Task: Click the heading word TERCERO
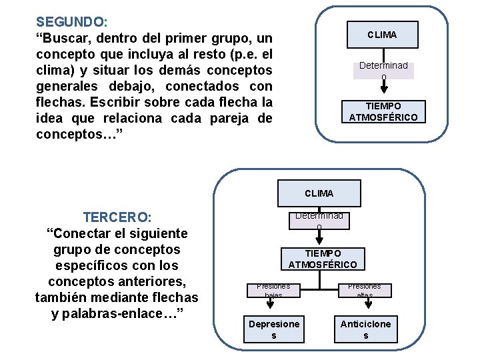116,217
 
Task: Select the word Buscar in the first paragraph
70,37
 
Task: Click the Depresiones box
274,329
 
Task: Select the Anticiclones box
365,329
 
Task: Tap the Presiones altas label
365,290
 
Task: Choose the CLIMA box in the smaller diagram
382,35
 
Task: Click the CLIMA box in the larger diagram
319,193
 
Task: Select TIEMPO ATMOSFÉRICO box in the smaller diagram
383,112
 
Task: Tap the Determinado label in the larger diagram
319,220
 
